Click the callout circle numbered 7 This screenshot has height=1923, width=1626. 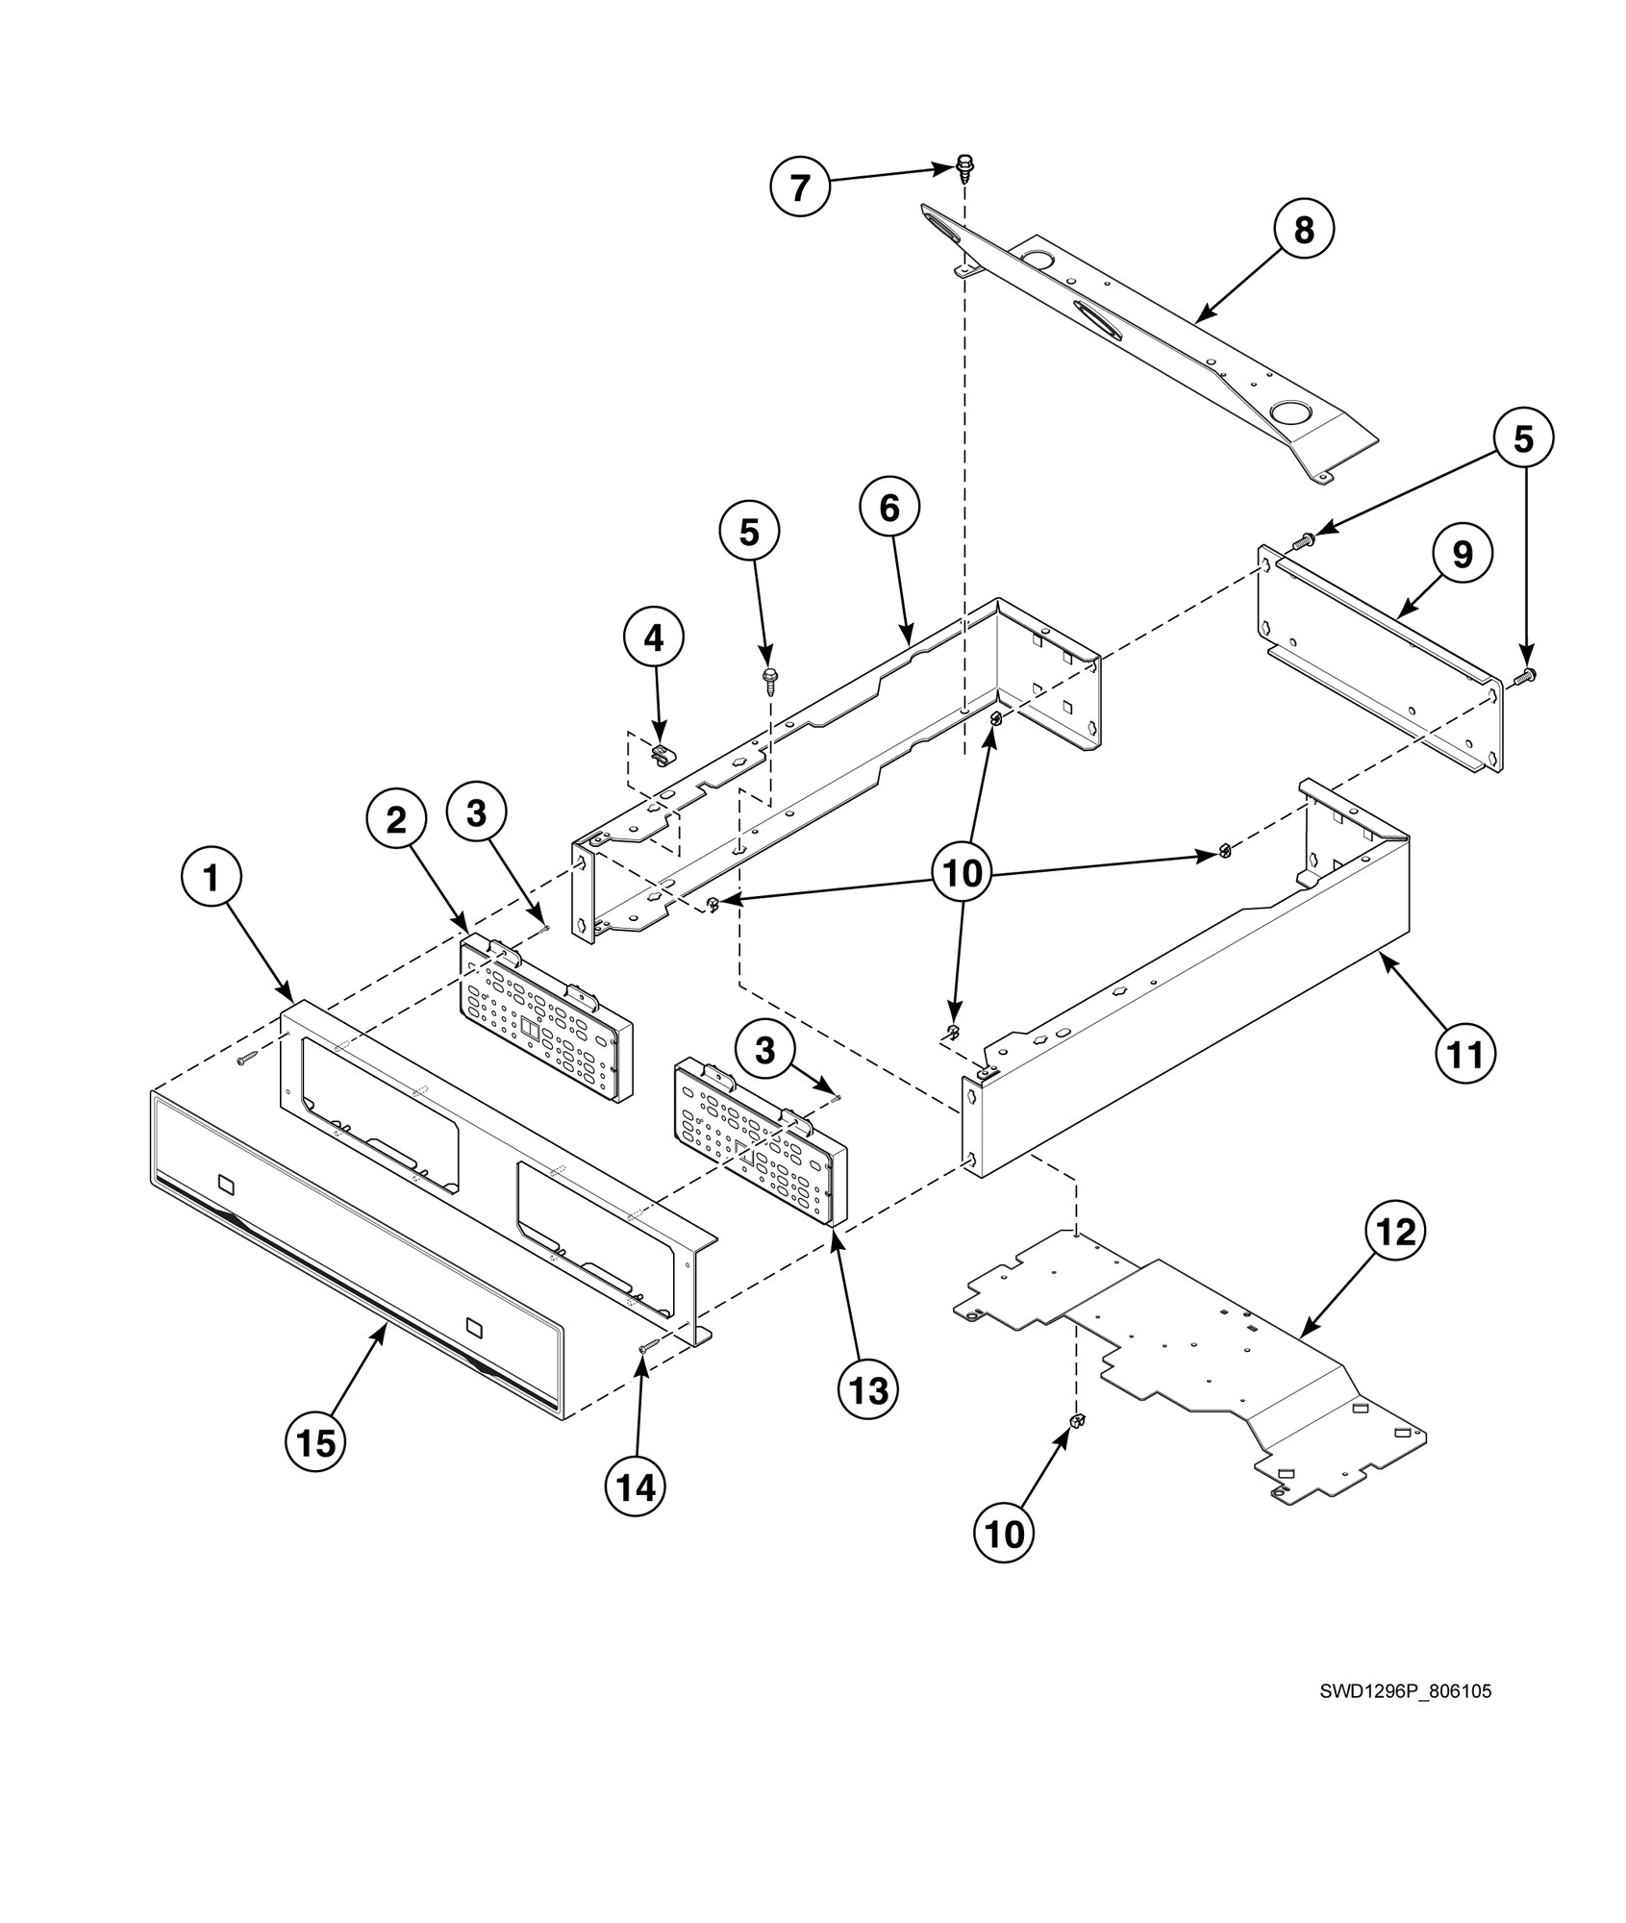[800, 187]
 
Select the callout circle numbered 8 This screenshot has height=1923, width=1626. [1303, 231]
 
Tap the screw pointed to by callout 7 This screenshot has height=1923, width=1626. [965, 167]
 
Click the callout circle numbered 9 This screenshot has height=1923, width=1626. [1462, 554]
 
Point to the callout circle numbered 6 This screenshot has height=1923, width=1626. [888, 508]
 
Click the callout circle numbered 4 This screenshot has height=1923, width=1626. [654, 637]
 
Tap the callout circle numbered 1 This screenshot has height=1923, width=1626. [211, 877]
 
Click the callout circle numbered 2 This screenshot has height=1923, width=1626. [395, 819]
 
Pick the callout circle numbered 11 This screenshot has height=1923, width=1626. [1466, 1054]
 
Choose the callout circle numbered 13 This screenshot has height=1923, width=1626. [868, 1388]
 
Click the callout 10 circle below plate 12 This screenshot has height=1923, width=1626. [1004, 1535]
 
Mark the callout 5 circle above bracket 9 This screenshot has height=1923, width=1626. [1523, 439]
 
